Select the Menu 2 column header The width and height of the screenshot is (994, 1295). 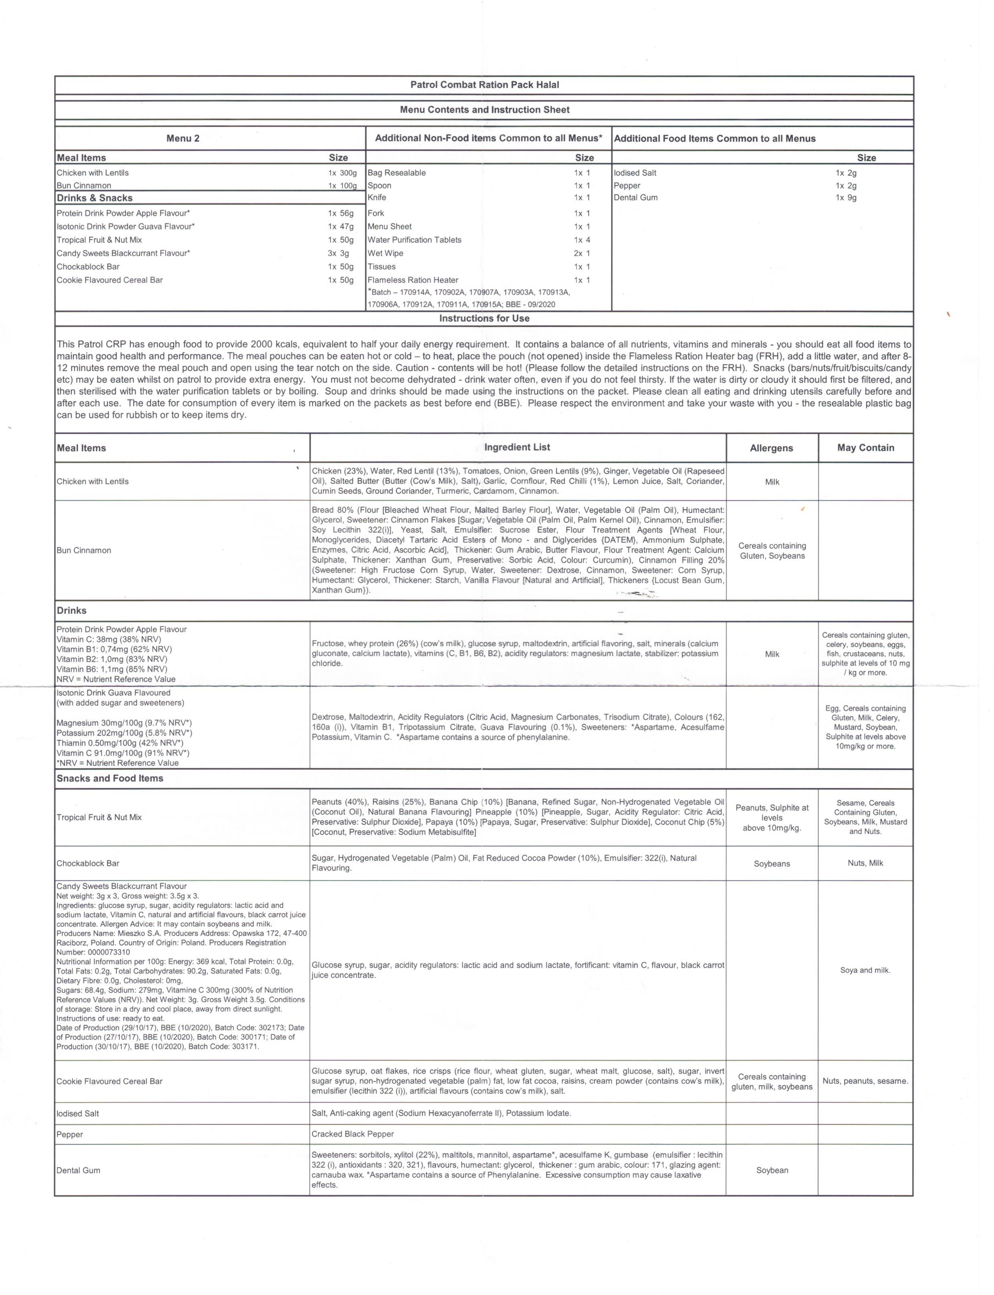coord(183,138)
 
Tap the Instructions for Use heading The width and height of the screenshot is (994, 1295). coord(484,318)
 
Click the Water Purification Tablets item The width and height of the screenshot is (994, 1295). coord(414,240)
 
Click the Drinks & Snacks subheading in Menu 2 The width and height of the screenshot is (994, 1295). coord(95,198)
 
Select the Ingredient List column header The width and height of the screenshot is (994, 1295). coord(517,447)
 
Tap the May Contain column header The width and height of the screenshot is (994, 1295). coord(865,448)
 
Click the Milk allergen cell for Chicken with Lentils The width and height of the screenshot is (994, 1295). coord(772,482)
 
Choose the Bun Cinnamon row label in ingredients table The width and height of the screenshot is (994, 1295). coord(84,550)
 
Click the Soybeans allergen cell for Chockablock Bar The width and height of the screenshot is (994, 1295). coord(772,864)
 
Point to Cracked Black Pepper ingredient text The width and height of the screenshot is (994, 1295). coord(352,1134)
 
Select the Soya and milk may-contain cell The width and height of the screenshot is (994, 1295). coord(865,970)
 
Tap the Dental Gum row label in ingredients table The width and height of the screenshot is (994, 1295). coord(78,1170)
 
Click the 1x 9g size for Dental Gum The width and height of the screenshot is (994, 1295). coord(846,198)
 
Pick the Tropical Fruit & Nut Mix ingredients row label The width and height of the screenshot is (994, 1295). coord(99,817)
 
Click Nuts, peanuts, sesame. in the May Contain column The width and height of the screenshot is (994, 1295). coord(865,1081)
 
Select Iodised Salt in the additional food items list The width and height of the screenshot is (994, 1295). coord(635,173)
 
